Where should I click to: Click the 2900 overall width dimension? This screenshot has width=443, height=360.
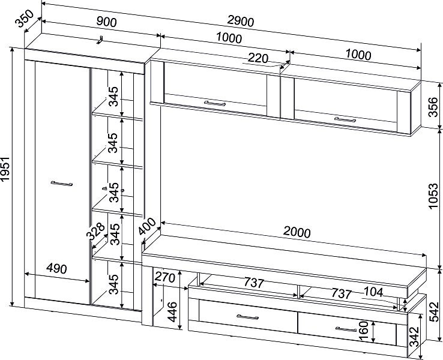click(241, 22)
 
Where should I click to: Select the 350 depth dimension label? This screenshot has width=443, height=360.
click(25, 19)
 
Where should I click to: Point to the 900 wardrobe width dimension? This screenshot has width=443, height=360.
click(106, 22)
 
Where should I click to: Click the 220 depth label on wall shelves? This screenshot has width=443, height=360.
click(258, 58)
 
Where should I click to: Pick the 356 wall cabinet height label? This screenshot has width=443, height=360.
click(433, 107)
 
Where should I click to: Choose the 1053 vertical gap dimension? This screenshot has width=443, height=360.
click(433, 196)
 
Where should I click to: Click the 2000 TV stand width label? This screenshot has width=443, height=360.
click(297, 232)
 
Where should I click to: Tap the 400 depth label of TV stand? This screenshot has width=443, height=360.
click(148, 226)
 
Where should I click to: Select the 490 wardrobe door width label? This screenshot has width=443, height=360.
click(56, 268)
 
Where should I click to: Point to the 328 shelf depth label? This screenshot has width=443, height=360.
click(96, 232)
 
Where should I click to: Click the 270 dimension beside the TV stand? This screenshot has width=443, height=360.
click(164, 278)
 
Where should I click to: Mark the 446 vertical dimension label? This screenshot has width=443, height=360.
click(172, 312)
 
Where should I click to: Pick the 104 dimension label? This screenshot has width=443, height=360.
click(373, 292)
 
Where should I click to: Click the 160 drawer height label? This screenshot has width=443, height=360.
click(364, 331)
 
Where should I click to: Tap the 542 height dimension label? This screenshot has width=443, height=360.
click(433, 312)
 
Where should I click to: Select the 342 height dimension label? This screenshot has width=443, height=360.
click(414, 337)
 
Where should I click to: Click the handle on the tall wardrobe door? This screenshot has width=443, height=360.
click(62, 184)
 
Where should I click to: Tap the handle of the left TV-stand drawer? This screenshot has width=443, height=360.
click(247, 317)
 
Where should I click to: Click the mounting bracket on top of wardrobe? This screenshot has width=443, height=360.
click(100, 40)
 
